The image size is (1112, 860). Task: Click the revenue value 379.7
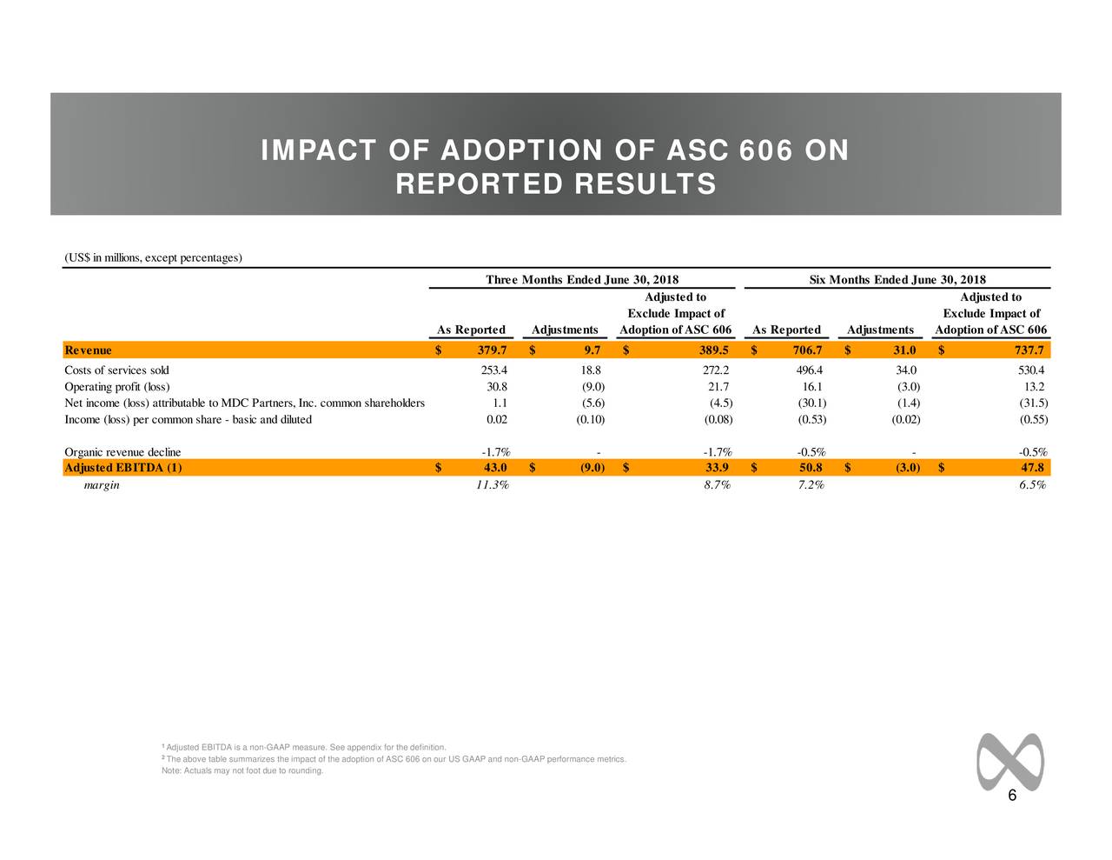492,350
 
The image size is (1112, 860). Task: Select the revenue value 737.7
1029,350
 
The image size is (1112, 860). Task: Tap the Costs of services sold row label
116,370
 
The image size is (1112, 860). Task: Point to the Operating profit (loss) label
117,387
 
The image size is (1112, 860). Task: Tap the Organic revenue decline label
122,452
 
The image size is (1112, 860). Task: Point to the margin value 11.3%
493,485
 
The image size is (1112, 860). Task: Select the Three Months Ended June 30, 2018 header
582,279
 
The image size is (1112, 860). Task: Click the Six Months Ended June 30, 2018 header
897,279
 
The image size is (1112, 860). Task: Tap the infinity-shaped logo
1009,762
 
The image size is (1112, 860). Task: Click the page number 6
1012,799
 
